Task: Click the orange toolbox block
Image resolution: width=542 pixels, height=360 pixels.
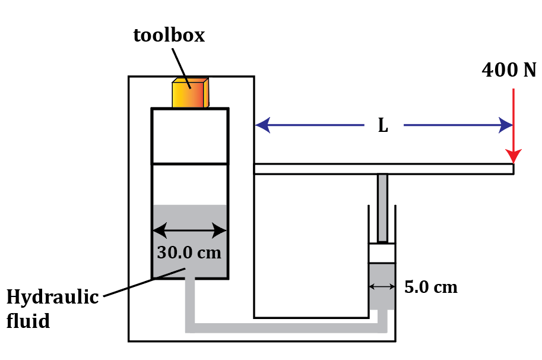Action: point(189,93)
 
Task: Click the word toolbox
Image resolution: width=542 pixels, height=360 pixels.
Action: point(169,35)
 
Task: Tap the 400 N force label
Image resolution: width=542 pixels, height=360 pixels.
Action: point(509,71)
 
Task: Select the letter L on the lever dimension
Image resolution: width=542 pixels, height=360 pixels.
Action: point(383,126)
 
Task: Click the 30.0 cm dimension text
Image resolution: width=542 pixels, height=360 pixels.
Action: point(189,252)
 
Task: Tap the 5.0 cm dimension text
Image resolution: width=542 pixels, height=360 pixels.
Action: point(431,288)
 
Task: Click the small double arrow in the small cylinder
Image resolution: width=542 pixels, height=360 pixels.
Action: point(381,286)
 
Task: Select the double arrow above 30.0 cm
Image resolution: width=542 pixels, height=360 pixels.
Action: point(190,230)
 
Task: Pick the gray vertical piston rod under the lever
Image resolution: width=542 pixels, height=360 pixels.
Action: point(382,207)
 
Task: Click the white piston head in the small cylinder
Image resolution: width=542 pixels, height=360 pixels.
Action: point(382,254)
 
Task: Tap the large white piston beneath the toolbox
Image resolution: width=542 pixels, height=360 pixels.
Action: point(190,135)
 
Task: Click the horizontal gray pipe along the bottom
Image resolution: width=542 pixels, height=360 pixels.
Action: point(285,328)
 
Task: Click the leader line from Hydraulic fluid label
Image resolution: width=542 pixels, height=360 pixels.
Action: point(142,283)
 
